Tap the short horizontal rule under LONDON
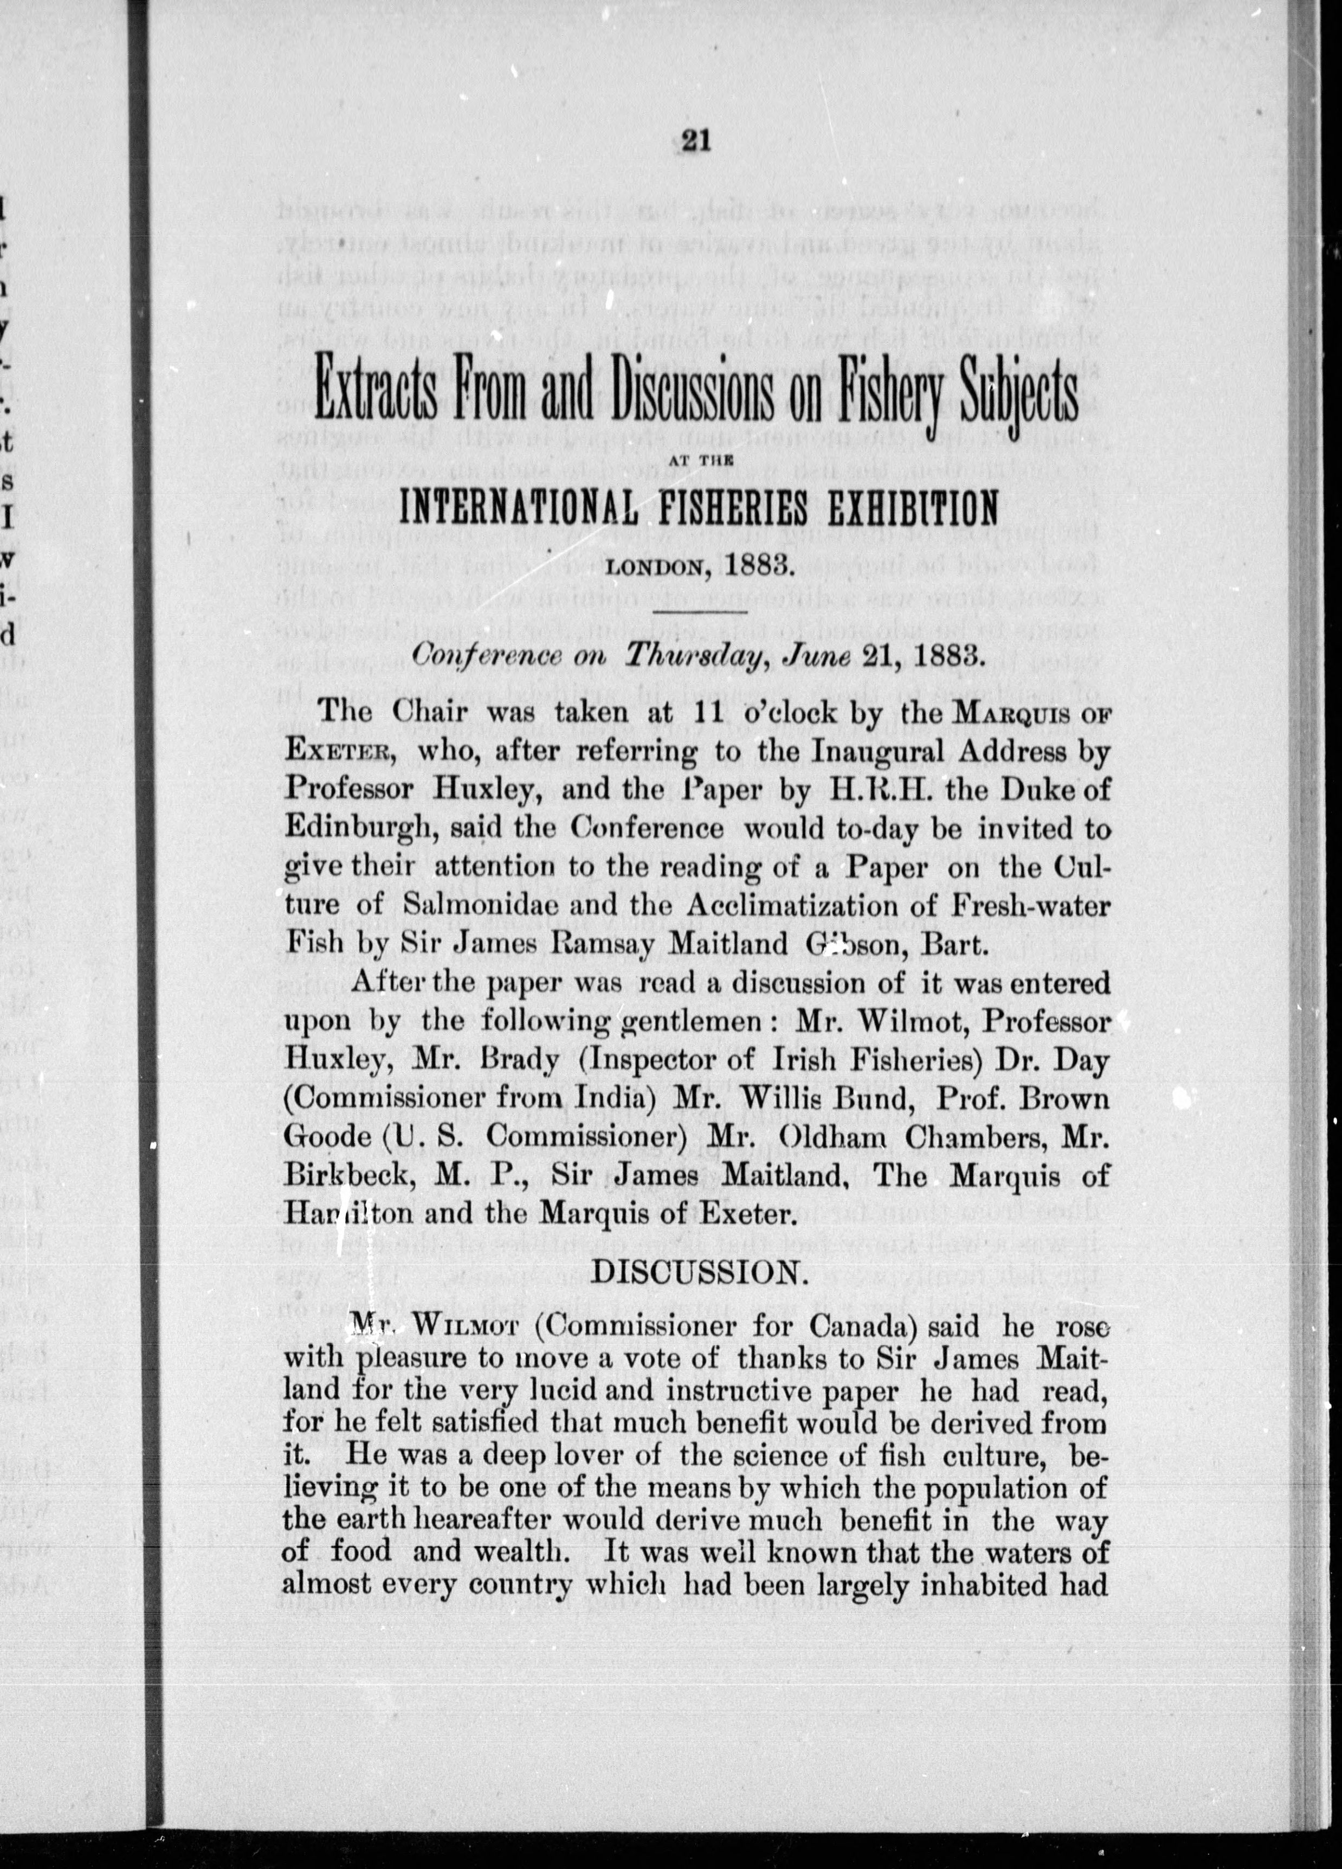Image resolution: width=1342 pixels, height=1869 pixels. pos(699,611)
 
